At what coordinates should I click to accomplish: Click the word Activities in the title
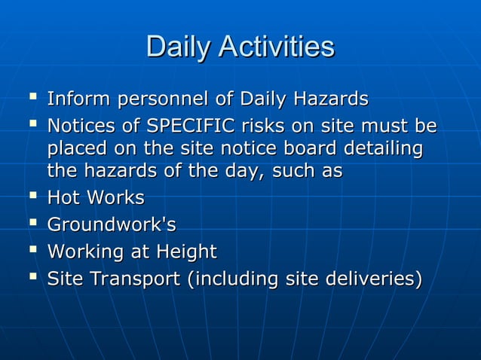276,47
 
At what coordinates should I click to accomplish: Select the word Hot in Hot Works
63,199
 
